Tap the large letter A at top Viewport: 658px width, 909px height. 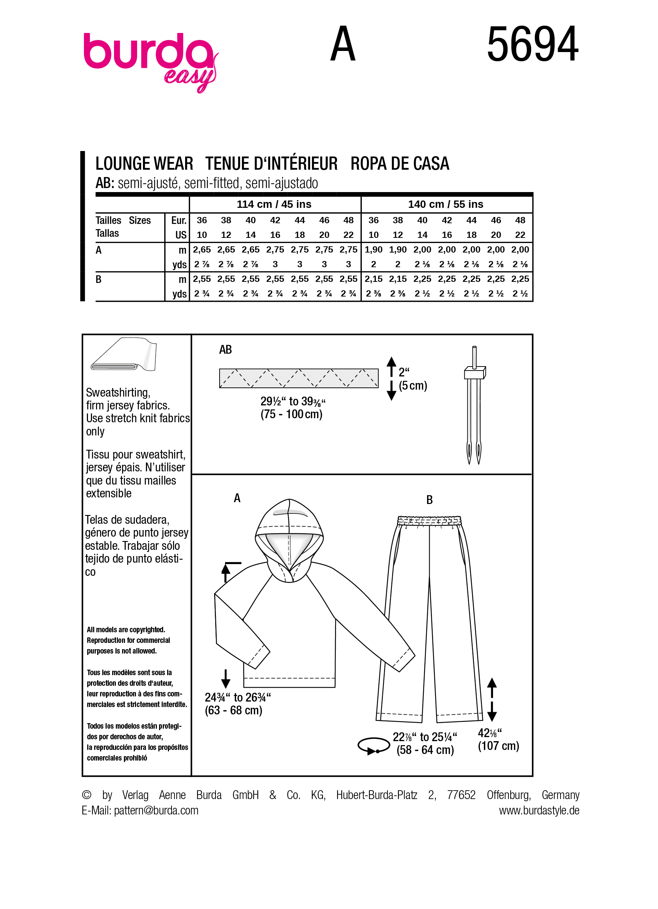[343, 44]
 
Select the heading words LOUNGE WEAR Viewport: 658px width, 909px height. [144, 163]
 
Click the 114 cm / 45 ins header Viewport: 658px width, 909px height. [274, 204]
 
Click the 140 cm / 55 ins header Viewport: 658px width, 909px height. [446, 204]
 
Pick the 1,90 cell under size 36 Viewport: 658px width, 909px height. [374, 249]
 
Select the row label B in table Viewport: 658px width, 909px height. [99, 279]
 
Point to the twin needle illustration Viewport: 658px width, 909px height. [474, 405]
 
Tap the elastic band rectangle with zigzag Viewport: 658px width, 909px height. [298, 378]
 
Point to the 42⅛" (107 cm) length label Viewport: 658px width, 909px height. [498, 739]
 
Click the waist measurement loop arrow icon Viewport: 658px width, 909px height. [374, 746]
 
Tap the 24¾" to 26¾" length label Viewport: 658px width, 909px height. [237, 703]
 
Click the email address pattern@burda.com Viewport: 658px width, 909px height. [156, 810]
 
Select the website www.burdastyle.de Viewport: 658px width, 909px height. [539, 810]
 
